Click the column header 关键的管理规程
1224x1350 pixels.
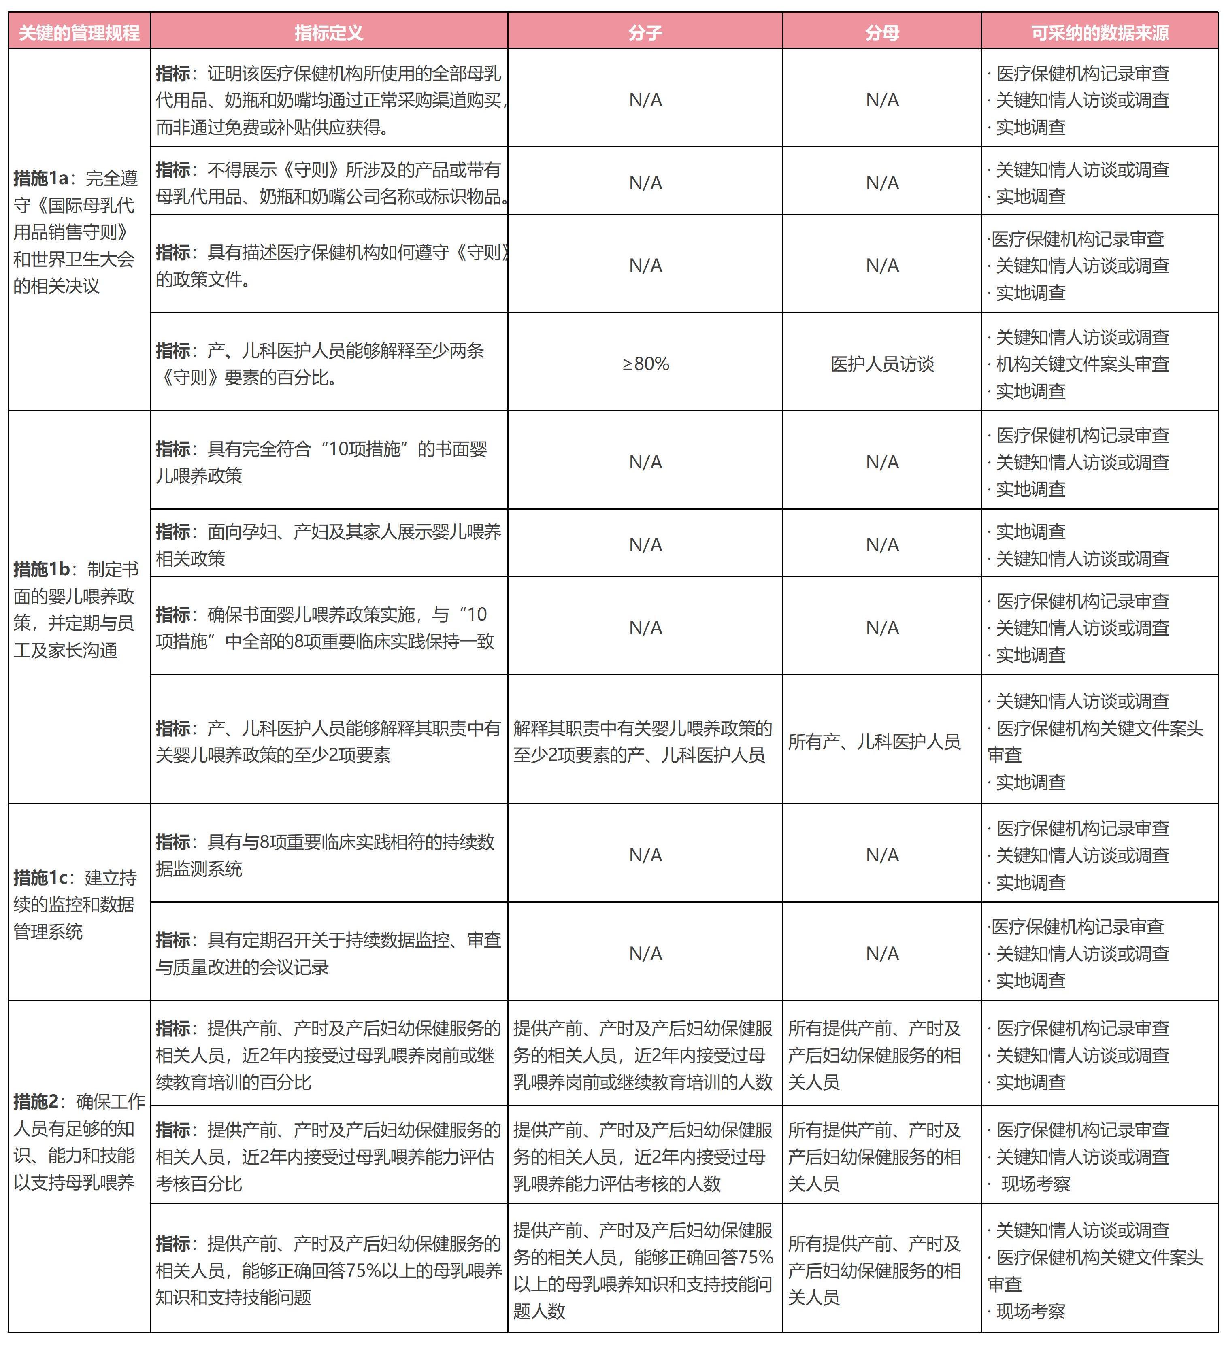(79, 32)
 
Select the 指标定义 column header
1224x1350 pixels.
(328, 32)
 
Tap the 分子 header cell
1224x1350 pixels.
(645, 32)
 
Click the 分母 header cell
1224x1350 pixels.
(881, 32)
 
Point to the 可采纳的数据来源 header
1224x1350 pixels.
(1099, 32)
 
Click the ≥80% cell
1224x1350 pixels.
(645, 364)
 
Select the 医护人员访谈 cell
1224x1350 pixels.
(881, 364)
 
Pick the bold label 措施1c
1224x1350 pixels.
(40, 877)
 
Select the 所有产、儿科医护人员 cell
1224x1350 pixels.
(874, 741)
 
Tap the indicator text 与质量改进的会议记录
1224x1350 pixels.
(243, 967)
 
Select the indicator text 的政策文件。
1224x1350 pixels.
(204, 279)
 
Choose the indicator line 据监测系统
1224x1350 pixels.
(199, 869)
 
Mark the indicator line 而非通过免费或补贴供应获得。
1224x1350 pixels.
(272, 127)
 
